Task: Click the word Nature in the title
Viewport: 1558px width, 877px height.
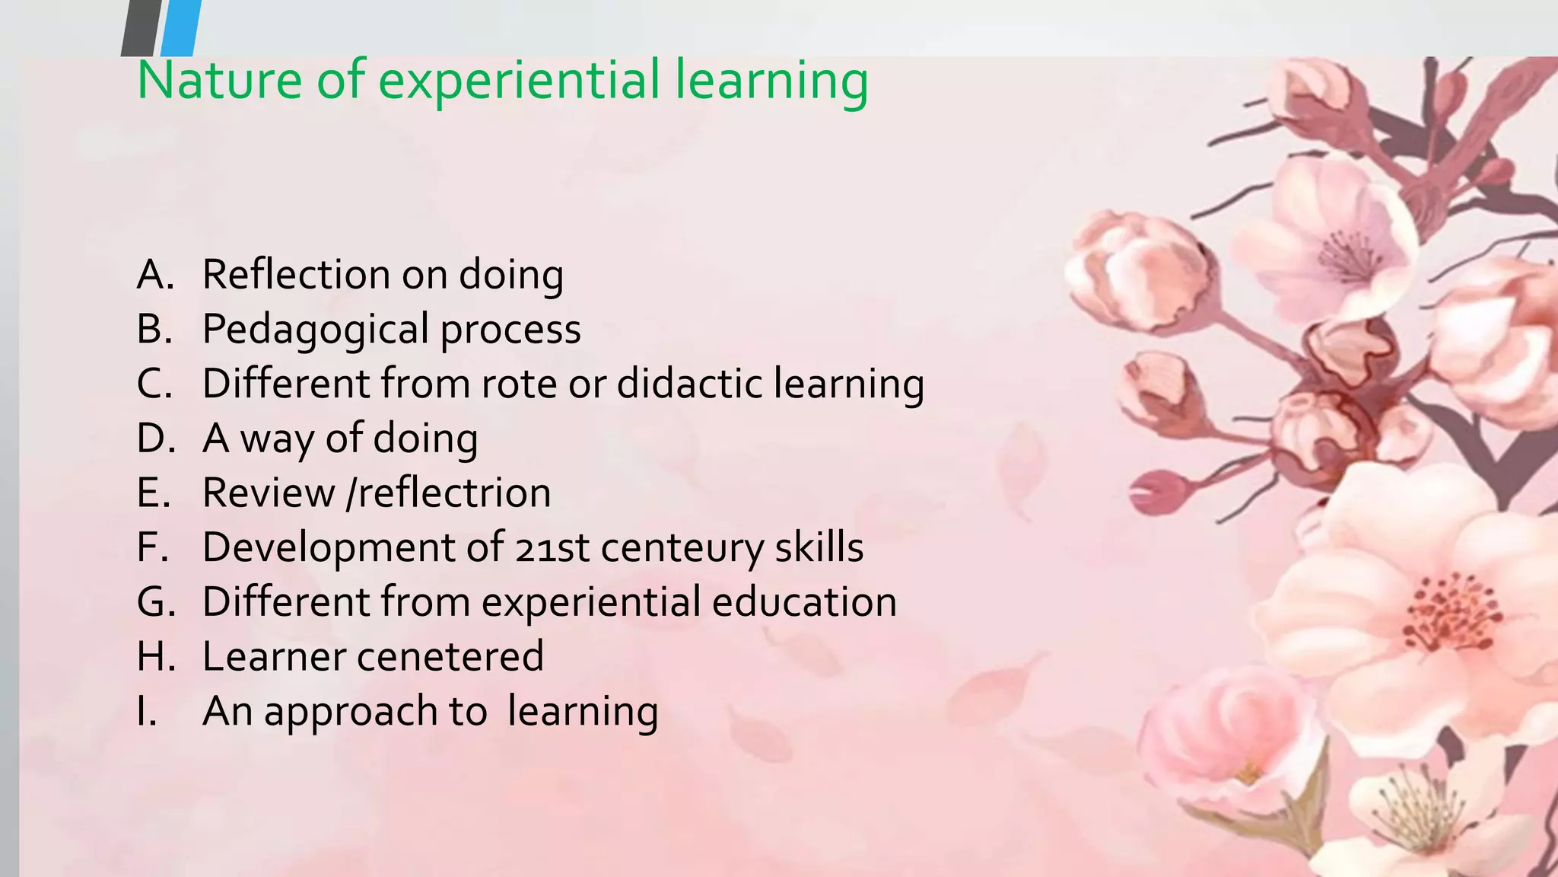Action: [219, 81]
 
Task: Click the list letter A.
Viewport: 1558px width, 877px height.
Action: [154, 275]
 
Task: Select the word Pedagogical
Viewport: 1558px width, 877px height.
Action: [315, 330]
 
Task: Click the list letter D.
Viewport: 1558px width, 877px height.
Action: [156, 438]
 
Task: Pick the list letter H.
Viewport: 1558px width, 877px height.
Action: [156, 657]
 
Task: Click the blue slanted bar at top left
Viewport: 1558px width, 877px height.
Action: [182, 27]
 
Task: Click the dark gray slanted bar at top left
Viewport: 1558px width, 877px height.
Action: [141, 27]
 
